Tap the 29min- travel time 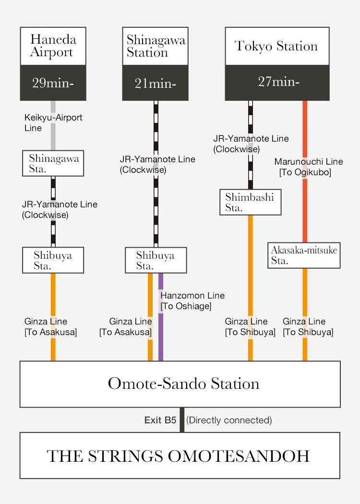coord(53,83)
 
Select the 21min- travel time coord(155,84)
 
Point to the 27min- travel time coord(279,82)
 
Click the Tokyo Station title coord(276,46)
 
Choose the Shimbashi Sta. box coord(251,202)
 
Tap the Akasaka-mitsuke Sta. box coord(304,255)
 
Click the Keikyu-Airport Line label coord(53,123)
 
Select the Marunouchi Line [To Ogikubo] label coord(309,167)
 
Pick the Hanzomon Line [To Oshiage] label coord(192,301)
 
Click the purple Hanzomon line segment coord(161,317)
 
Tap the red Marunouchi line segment coord(305,172)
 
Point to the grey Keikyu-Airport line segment coord(53,125)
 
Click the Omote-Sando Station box coord(180,384)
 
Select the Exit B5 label coord(160,420)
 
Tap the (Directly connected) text coord(229,420)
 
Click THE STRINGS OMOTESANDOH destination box coord(180,456)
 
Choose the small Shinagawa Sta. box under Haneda coord(53,163)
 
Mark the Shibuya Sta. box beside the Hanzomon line coord(156,260)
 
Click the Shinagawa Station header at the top coord(155,46)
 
